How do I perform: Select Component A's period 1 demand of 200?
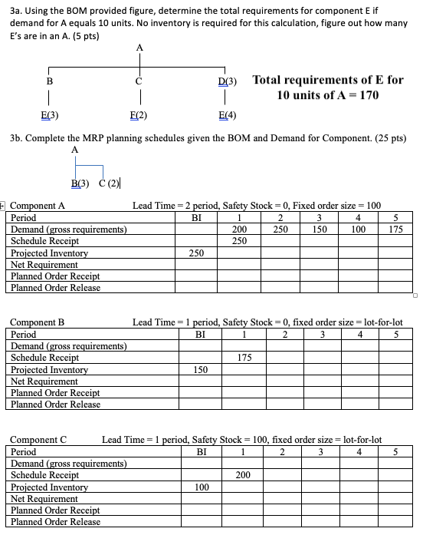(x=239, y=229)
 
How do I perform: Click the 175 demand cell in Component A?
(x=395, y=229)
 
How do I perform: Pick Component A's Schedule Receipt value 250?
(x=239, y=240)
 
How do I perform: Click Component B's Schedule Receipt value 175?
(x=244, y=357)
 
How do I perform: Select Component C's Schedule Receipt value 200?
(x=243, y=475)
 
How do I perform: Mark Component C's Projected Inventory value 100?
(x=202, y=487)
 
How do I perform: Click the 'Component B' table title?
(x=37, y=322)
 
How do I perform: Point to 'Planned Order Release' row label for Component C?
(x=55, y=522)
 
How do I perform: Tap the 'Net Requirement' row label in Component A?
(x=44, y=264)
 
